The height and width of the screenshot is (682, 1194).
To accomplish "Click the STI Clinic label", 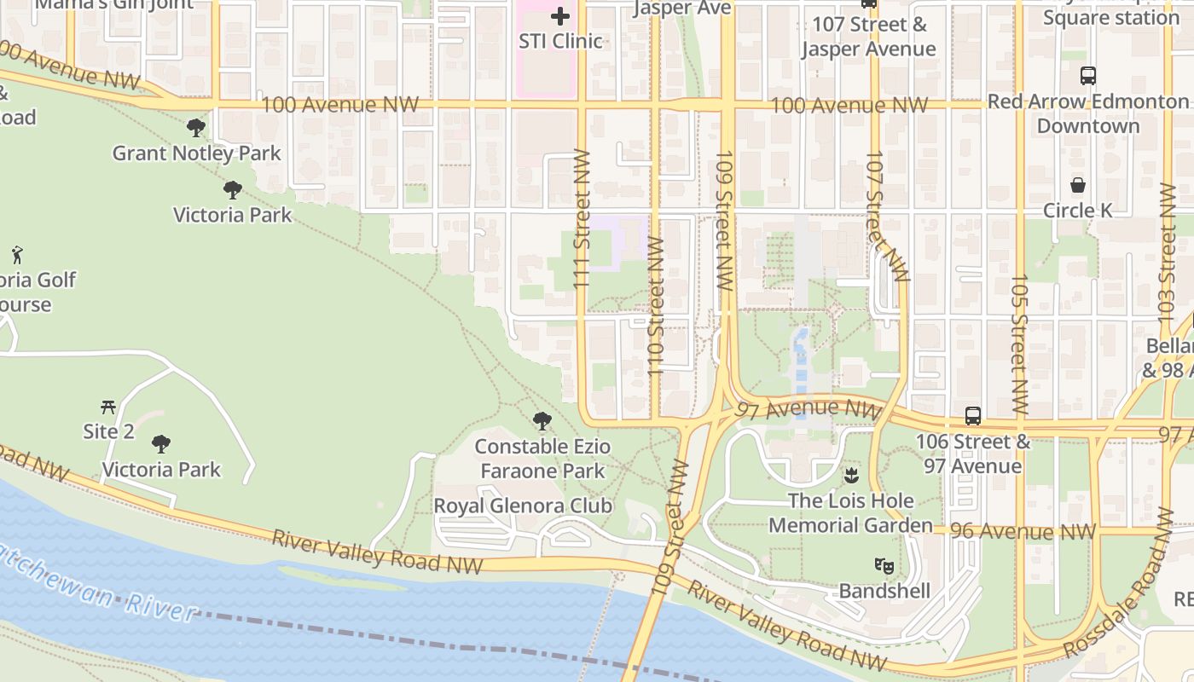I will [560, 41].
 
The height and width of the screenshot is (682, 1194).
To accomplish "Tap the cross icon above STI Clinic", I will [560, 16].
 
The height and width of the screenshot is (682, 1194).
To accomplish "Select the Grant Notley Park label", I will [196, 153].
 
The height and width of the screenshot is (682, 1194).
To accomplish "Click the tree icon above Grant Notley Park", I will [196, 129].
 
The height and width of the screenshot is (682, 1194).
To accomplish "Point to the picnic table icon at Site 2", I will [108, 407].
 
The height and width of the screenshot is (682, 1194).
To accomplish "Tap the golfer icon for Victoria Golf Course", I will [17, 254].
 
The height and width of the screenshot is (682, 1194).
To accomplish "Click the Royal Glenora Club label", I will [523, 506].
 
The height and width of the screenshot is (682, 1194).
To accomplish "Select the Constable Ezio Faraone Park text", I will [542, 459].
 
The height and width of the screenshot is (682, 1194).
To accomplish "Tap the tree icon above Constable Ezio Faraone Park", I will [542, 420].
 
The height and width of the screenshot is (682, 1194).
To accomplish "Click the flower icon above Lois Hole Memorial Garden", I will [850, 475].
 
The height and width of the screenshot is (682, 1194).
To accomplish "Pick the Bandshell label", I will [884, 591].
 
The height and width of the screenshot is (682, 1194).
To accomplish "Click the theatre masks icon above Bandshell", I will [884, 565].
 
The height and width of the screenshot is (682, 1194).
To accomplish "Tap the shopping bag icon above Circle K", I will [1078, 185].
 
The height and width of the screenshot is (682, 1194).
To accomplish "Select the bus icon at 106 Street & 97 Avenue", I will [973, 416].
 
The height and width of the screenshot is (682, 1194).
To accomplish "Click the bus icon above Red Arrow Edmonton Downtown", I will [1088, 75].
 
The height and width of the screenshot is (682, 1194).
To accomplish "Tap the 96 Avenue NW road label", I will [1023, 532].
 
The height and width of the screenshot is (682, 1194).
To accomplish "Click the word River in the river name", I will [159, 607].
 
